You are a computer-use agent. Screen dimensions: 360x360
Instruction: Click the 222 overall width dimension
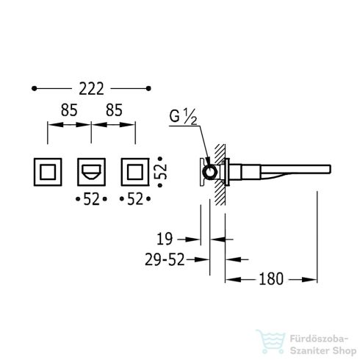91,89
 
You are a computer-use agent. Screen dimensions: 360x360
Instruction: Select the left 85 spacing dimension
69,110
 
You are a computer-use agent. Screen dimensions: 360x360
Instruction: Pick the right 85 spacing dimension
114,110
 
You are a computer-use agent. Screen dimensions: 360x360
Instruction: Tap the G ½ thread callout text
183,117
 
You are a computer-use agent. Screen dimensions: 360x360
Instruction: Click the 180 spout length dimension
271,279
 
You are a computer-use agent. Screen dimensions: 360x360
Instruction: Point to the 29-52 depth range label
165,259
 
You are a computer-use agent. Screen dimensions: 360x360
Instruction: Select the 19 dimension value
165,239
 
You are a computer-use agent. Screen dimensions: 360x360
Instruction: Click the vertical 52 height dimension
161,172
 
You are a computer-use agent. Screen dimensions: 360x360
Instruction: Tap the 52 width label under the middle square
91,199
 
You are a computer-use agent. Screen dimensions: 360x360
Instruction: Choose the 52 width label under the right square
135,199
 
